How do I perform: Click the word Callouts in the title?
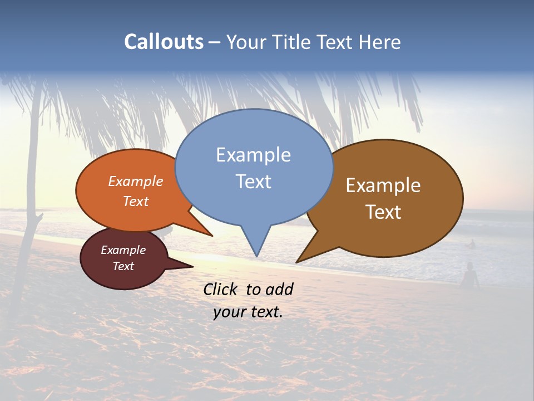[164, 42]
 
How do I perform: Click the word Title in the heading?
[293, 42]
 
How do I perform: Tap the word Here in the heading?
[378, 42]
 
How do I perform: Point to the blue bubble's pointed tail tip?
[256, 256]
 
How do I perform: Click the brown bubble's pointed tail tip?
[297, 262]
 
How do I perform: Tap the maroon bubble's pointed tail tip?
[192, 266]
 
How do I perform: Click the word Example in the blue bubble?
[253, 155]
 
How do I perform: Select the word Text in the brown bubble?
[383, 212]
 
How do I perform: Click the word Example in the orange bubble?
[136, 181]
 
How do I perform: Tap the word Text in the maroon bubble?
[123, 266]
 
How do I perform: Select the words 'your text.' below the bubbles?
[248, 312]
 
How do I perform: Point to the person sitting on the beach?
[471, 276]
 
